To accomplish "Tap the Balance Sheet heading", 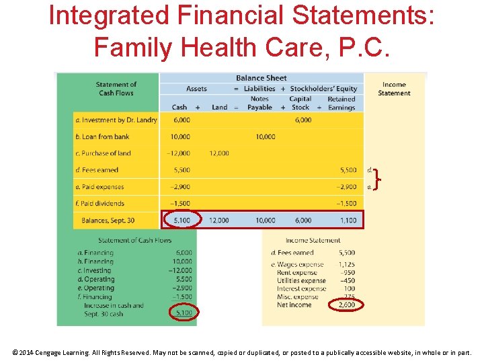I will (261, 78).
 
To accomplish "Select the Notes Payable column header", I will (259, 103).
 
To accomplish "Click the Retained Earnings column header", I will (341, 103).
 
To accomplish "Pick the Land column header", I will (219, 107).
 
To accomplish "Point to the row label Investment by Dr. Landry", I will (116, 120).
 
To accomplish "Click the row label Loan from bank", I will (103, 136).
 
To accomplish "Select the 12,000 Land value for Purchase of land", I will (219, 153).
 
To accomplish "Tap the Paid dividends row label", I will (100, 204).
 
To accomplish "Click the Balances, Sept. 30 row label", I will (108, 220).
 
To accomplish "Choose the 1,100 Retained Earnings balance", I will (348, 220).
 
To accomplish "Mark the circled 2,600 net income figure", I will (346, 305).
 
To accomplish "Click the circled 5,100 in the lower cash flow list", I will (183, 313).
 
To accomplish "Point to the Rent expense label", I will (296, 273).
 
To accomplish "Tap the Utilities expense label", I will (301, 281).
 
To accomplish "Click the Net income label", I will (294, 305).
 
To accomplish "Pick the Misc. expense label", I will (297, 297).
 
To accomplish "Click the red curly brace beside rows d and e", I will (379, 179).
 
